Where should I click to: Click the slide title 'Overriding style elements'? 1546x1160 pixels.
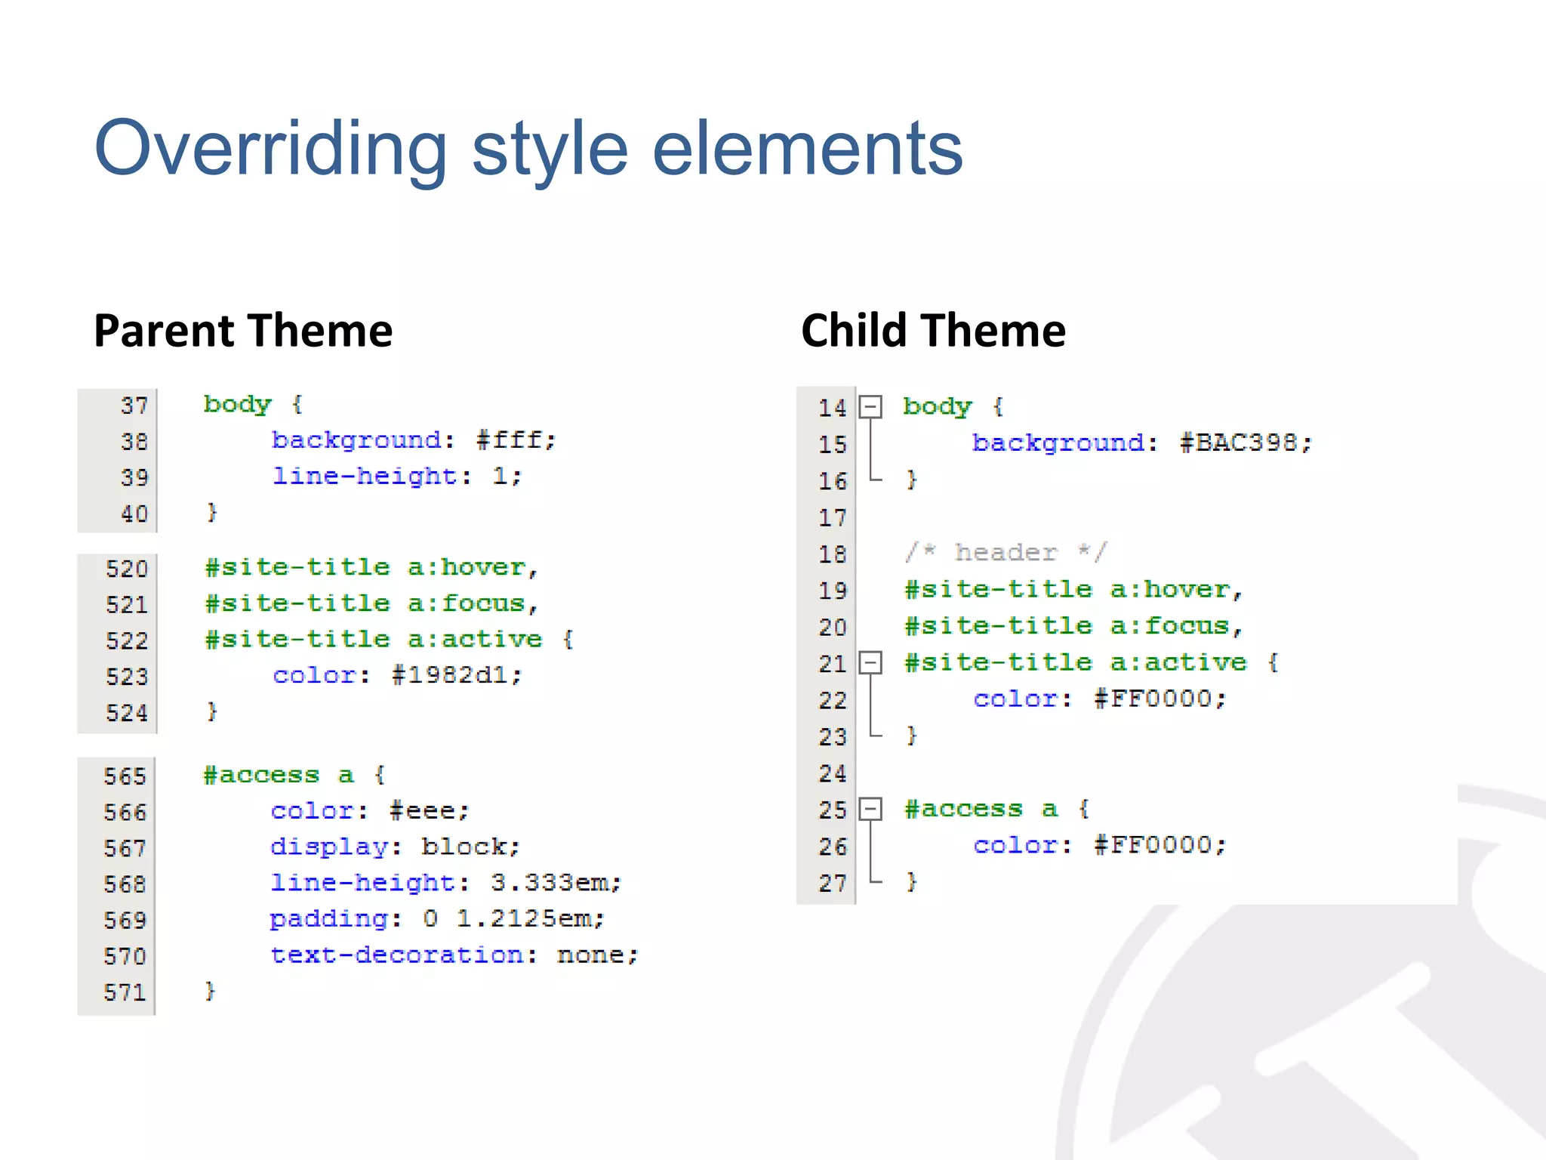tap(528, 148)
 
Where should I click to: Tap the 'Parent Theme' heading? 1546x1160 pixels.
tap(243, 331)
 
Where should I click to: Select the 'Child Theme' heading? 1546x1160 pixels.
tap(933, 331)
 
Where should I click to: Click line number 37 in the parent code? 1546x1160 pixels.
tap(134, 406)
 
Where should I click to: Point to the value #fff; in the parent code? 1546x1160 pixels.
tap(516, 440)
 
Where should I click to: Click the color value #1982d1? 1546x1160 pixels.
tap(457, 675)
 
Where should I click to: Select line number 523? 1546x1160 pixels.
tap(127, 676)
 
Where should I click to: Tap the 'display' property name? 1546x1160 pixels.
tap(329, 847)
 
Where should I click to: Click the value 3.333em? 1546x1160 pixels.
tap(556, 882)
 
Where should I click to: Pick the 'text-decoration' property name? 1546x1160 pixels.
tap(397, 955)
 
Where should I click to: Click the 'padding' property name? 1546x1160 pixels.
tap(329, 919)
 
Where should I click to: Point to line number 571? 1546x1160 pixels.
tap(125, 992)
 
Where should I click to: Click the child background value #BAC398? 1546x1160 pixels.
tap(1246, 443)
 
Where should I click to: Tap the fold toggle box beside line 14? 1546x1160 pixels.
tap(871, 407)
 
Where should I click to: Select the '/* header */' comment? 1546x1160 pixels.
tap(1006, 552)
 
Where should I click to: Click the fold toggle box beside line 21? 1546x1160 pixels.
tap(871, 663)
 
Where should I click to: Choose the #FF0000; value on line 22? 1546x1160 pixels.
tap(1160, 699)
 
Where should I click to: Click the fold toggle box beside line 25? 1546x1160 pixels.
tap(871, 809)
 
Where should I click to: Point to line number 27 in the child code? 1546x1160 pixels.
tap(833, 883)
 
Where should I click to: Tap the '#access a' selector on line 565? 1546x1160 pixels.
tap(279, 775)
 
